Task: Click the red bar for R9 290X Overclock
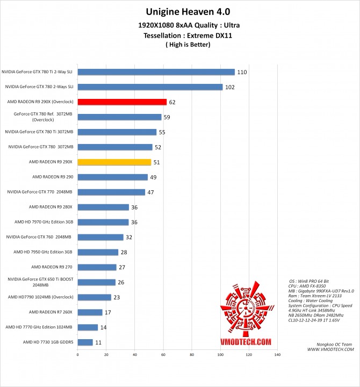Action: click(122, 102)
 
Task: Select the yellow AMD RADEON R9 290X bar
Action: click(114, 162)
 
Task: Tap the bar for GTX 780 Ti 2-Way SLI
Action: click(156, 71)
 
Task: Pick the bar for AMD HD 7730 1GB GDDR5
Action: click(85, 342)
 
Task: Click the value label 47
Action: click(151, 192)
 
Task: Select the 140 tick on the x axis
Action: click(277, 355)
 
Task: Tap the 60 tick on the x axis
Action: click(163, 355)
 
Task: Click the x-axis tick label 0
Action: click(78, 355)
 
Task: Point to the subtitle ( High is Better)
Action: click(179, 45)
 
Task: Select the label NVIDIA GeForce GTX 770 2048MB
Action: click(40, 191)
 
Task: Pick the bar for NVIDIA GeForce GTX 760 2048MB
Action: click(100, 237)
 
